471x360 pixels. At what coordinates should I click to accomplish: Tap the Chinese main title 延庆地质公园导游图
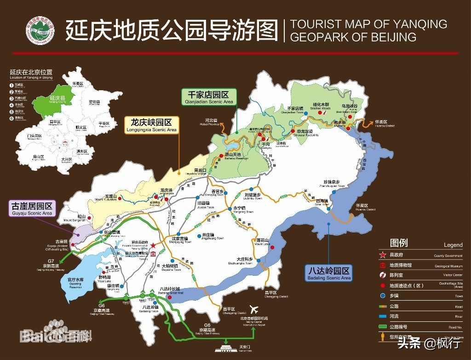[x=172, y=31]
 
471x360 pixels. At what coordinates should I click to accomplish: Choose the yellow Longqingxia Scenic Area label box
[x=151, y=125]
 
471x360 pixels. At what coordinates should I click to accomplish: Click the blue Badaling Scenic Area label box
[x=328, y=274]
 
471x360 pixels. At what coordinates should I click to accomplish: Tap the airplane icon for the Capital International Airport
[x=253, y=309]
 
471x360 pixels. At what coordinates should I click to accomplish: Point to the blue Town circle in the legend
[x=381, y=296]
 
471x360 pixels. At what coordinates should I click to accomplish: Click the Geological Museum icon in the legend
[x=381, y=266]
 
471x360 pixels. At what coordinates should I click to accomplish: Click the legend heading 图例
[x=399, y=243]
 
